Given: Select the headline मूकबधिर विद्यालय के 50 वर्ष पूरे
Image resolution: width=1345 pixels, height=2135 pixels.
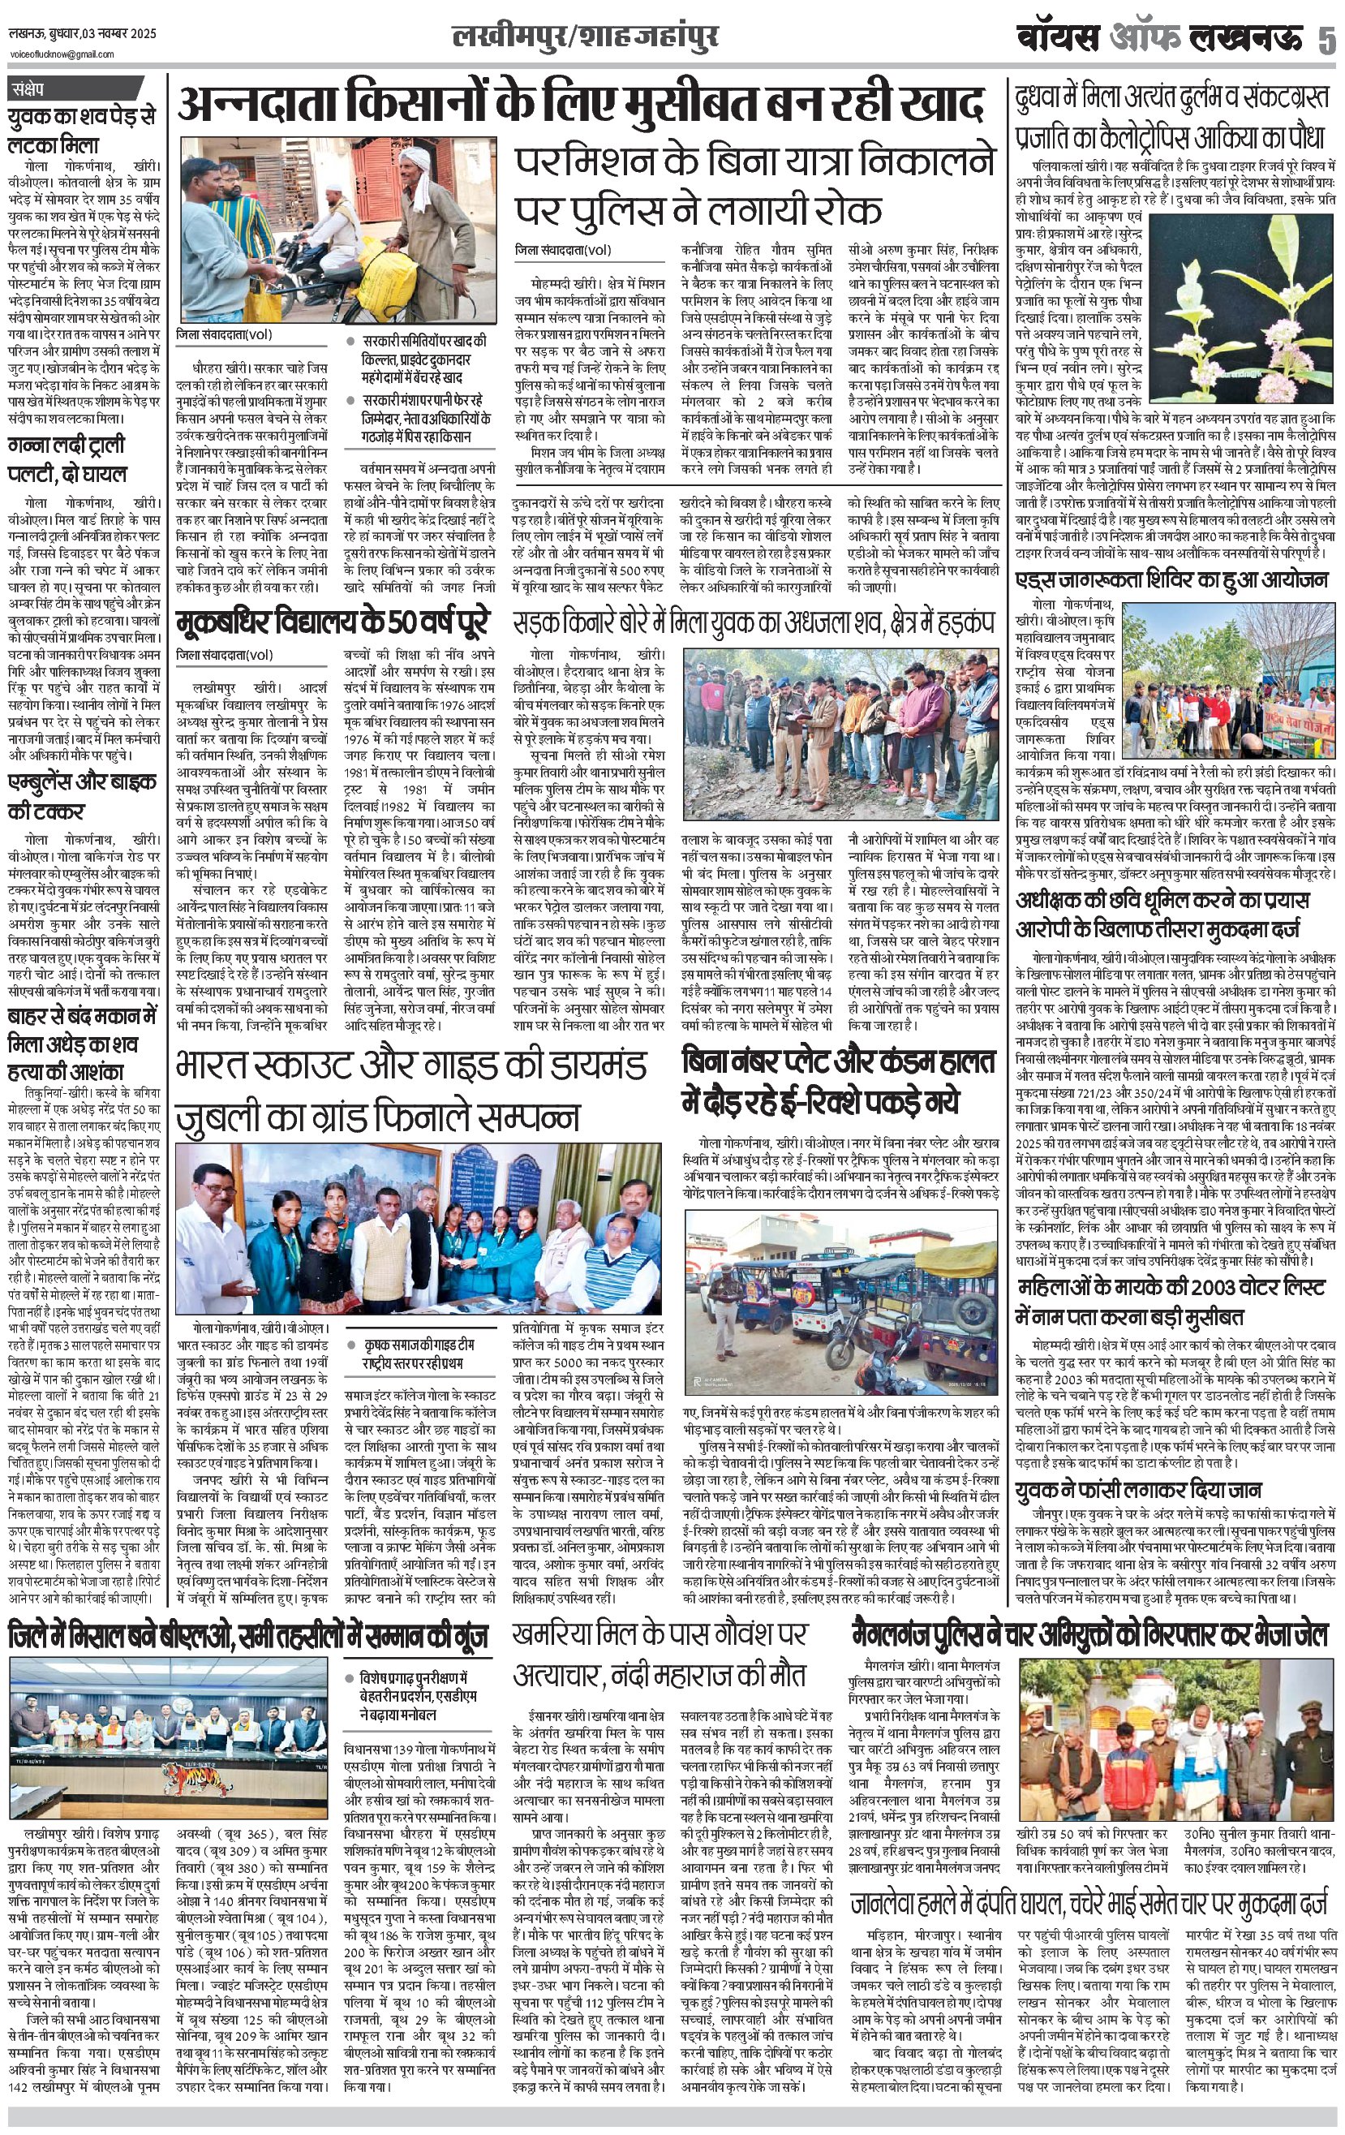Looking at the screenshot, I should point(332,622).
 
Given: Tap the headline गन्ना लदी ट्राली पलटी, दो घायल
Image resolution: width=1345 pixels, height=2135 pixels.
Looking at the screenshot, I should point(68,459).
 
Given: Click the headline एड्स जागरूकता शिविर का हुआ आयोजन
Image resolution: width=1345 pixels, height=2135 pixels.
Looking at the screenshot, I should point(1171,581).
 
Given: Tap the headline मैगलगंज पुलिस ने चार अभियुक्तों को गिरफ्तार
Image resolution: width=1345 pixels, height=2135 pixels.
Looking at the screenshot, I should point(1089,1634).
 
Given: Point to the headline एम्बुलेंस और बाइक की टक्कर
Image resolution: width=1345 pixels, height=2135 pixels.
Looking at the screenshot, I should point(71,796).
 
